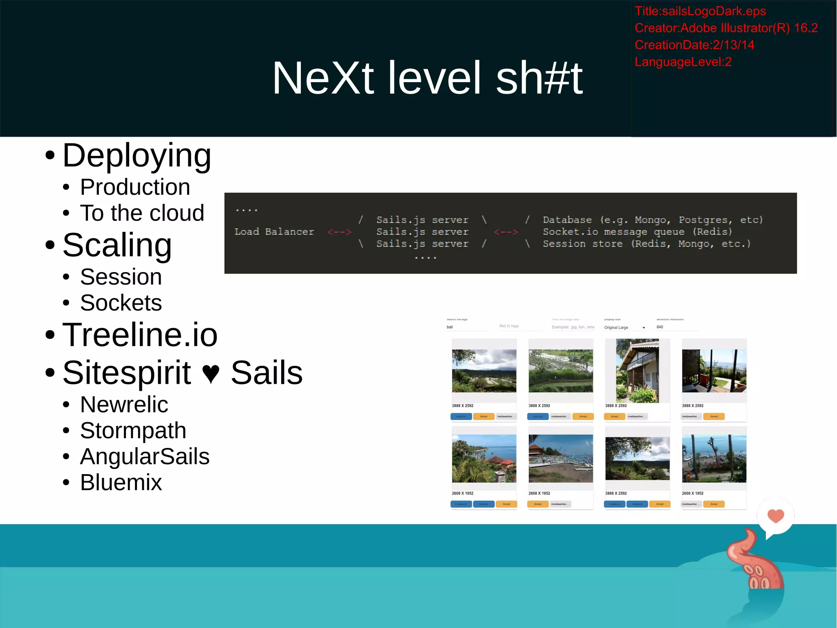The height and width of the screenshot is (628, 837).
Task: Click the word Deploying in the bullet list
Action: tap(137, 156)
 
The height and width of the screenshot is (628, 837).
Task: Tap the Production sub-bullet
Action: tap(135, 187)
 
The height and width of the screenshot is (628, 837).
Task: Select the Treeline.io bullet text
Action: tap(140, 335)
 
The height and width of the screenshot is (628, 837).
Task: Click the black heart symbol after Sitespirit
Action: tap(211, 373)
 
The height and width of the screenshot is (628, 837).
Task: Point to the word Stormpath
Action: tap(133, 430)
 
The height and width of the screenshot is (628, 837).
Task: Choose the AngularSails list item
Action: tap(145, 457)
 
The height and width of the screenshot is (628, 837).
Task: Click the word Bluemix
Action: tap(121, 482)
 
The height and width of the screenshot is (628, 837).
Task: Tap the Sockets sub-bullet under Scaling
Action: tap(121, 303)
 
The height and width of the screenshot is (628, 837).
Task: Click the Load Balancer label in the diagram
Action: tap(274, 232)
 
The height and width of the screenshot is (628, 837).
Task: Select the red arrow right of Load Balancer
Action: tap(339, 232)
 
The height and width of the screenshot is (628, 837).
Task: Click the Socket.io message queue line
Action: tap(637, 232)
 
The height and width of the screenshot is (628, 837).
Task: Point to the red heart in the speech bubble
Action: tap(776, 515)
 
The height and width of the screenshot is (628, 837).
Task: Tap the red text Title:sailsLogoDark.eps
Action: tap(700, 11)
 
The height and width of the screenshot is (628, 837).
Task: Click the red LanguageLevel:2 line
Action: tap(683, 62)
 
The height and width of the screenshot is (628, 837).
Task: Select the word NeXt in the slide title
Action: tap(323, 78)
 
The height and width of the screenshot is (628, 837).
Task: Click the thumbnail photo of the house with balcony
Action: tap(637, 371)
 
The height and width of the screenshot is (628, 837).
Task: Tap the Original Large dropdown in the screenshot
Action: tap(624, 328)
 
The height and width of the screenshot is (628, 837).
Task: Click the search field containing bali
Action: tap(467, 327)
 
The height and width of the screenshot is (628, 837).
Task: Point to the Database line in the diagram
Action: tap(652, 220)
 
